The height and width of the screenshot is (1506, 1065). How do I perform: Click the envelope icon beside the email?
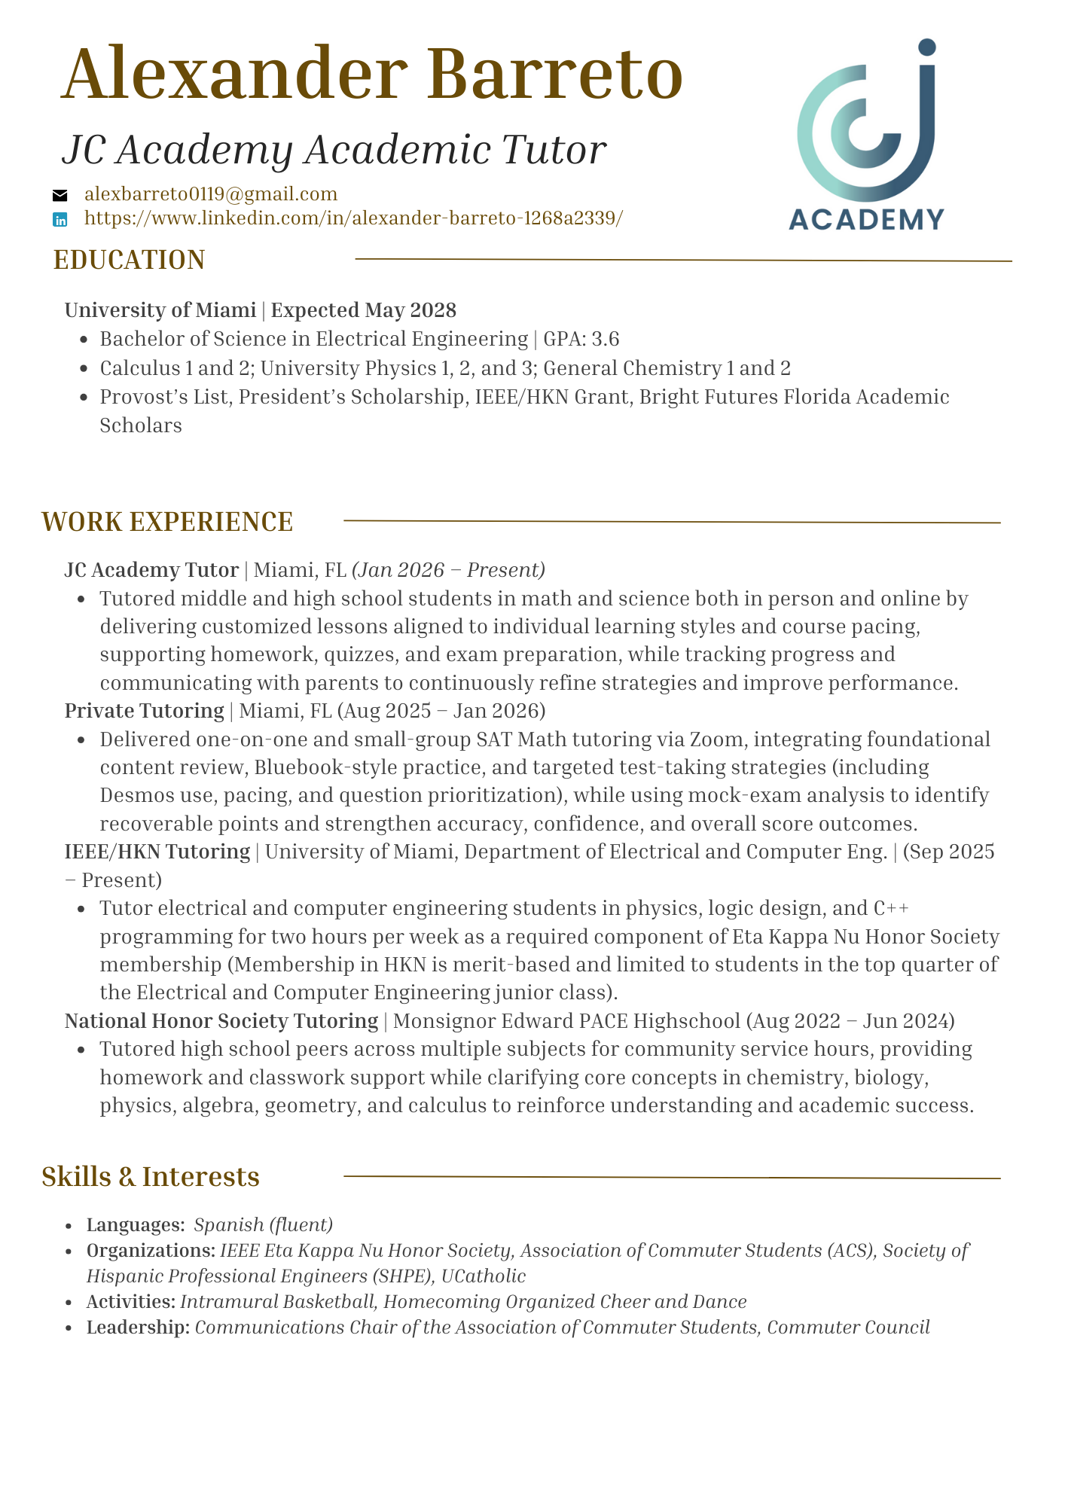pyautogui.click(x=60, y=196)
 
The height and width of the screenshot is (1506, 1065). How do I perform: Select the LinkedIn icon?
pyautogui.click(x=60, y=220)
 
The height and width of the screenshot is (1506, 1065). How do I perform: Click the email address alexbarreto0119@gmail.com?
pyautogui.click(x=211, y=194)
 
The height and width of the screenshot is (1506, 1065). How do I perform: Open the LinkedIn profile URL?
pyautogui.click(x=353, y=218)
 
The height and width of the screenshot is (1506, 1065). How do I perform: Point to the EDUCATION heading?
pyautogui.click(x=129, y=260)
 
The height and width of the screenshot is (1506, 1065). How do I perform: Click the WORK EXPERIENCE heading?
pyautogui.click(x=167, y=522)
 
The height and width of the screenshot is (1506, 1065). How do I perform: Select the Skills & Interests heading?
pyautogui.click(x=151, y=1177)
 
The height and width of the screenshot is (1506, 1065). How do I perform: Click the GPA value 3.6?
pyautogui.click(x=605, y=340)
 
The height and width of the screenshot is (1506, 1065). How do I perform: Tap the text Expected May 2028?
pyautogui.click(x=363, y=310)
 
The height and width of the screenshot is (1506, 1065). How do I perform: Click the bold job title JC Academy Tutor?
pyautogui.click(x=151, y=570)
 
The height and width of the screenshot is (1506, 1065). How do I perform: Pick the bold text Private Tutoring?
pyautogui.click(x=144, y=711)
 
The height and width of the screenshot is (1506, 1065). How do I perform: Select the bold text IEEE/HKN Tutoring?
pyautogui.click(x=157, y=852)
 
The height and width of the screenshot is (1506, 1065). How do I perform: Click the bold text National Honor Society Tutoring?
pyautogui.click(x=221, y=1021)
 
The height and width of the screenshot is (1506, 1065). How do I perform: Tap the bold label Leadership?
pyautogui.click(x=138, y=1328)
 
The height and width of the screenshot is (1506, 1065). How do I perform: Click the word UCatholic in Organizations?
pyautogui.click(x=484, y=1276)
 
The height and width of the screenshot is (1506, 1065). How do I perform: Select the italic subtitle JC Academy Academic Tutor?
pyautogui.click(x=334, y=150)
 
